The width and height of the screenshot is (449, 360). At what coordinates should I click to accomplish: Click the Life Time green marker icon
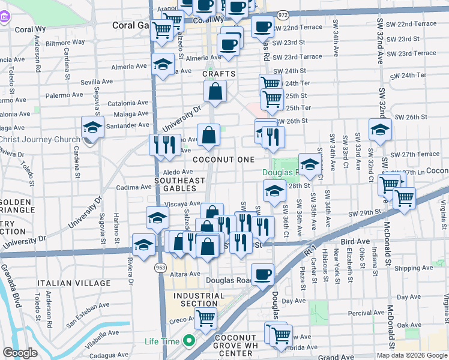tap(190, 342)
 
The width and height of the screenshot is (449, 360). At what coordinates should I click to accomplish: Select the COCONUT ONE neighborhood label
tap(224, 160)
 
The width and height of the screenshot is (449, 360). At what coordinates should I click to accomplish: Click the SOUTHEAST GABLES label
tap(180, 184)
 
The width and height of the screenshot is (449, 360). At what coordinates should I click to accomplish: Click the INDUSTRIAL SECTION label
tap(199, 299)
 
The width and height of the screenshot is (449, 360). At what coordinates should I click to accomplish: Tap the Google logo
tap(20, 353)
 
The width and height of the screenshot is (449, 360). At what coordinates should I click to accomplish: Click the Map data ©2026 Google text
tap(412, 355)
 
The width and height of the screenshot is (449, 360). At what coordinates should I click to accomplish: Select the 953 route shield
tap(160, 266)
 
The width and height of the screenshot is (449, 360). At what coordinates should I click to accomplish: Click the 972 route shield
tap(283, 14)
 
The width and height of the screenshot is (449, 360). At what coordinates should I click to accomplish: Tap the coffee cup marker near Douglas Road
tap(262, 275)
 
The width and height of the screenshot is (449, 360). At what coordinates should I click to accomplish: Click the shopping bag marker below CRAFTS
tap(215, 92)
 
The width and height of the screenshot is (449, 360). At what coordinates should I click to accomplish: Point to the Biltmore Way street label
tap(65, 43)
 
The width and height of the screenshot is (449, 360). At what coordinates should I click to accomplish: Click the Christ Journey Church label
tap(40, 140)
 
